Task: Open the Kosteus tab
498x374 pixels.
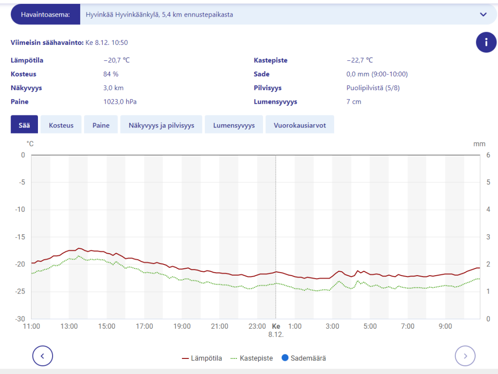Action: click(x=61, y=125)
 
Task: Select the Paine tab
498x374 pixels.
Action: click(x=101, y=125)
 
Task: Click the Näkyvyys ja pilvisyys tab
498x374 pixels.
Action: click(x=161, y=125)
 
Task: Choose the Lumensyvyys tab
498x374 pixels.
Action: click(x=234, y=125)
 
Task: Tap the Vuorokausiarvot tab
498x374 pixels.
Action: click(x=300, y=125)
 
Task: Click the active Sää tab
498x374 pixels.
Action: click(x=24, y=125)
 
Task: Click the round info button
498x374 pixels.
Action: click(x=486, y=42)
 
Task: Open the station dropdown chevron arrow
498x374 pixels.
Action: click(x=483, y=15)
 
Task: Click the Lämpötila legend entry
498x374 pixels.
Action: click(x=202, y=358)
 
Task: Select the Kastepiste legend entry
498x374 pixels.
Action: click(x=251, y=358)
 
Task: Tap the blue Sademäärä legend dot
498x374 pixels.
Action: click(x=285, y=358)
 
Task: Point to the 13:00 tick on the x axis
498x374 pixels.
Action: click(x=69, y=326)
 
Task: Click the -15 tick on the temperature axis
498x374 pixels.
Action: click(x=20, y=237)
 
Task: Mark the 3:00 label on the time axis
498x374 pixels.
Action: click(x=332, y=326)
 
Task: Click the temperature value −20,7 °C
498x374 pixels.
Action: click(x=116, y=60)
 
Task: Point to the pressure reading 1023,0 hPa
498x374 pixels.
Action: click(x=120, y=102)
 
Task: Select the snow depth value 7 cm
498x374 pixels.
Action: click(x=354, y=102)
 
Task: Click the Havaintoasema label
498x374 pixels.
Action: click(x=45, y=15)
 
